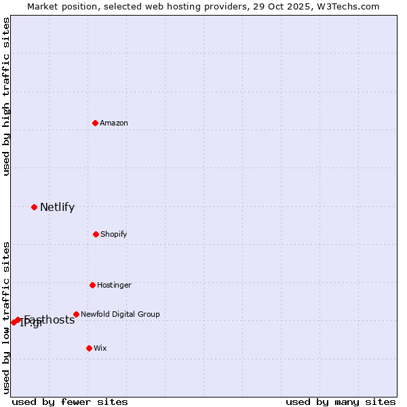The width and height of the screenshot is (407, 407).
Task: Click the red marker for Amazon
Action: click(96, 123)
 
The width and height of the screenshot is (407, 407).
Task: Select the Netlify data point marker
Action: click(34, 207)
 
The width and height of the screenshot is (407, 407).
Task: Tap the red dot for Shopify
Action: click(96, 234)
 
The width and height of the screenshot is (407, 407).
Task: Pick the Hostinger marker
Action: click(92, 285)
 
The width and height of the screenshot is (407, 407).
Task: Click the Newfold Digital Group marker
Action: click(76, 314)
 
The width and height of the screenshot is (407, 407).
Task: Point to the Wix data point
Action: click(89, 348)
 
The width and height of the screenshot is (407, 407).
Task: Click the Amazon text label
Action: click(114, 123)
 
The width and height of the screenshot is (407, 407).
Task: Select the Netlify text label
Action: click(57, 208)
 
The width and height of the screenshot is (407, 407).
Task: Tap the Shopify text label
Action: click(114, 234)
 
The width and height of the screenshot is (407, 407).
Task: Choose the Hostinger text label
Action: click(114, 285)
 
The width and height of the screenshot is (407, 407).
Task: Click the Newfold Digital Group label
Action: click(120, 314)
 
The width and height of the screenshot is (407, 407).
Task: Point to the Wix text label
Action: click(100, 348)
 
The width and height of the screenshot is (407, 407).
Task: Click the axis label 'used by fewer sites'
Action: click(70, 402)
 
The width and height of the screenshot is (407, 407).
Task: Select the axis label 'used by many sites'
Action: click(341, 402)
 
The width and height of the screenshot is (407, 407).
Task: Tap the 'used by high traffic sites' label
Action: click(6, 96)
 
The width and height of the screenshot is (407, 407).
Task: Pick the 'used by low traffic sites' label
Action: click(6, 317)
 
